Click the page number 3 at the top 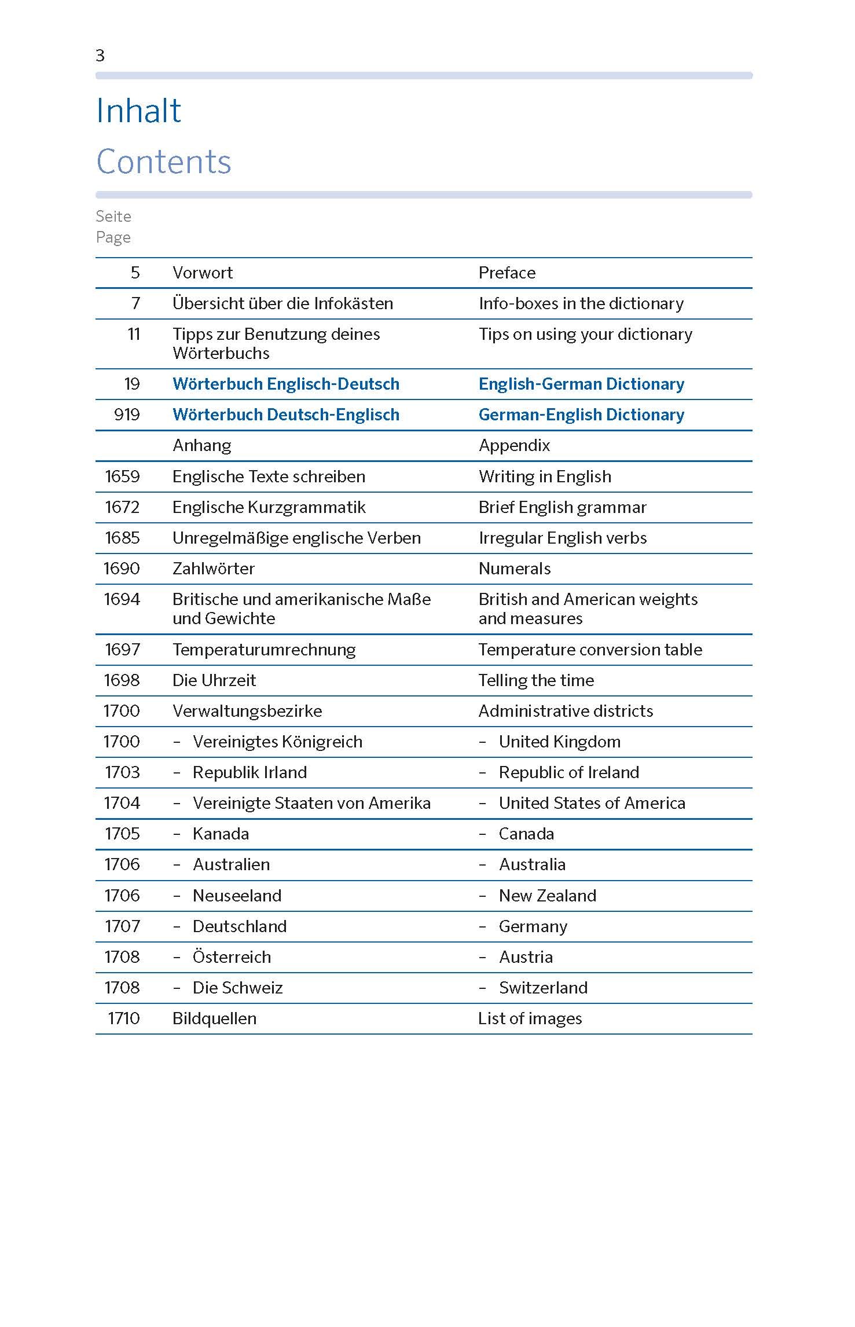pos(100,56)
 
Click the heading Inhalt pos(138,111)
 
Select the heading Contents pos(164,162)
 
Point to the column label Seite pos(113,217)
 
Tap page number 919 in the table pos(127,415)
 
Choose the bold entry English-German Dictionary pos(581,384)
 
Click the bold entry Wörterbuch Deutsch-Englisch pos(286,415)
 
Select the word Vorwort pos(203,273)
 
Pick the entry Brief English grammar pos(562,507)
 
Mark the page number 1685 pos(122,538)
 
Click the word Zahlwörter pos(214,569)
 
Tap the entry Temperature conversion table pos(590,650)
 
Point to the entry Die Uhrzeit pos(214,680)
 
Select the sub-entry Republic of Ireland pos(568,772)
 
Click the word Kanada pos(221,834)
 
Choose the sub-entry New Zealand pos(547,896)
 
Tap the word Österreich pos(232,957)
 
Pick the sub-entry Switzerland pos(543,988)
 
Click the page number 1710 pos(124,1018)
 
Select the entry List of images pos(530,1018)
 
